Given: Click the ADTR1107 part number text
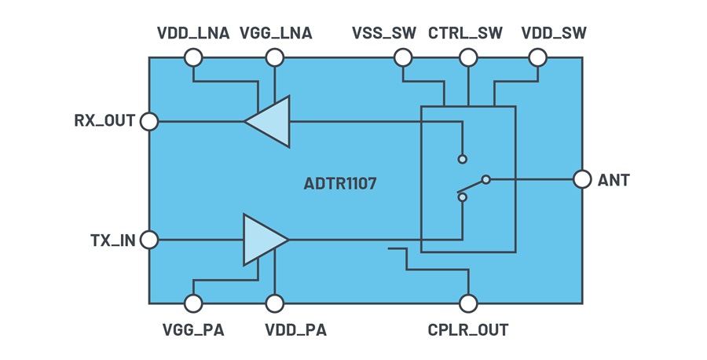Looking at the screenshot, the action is tap(340, 184).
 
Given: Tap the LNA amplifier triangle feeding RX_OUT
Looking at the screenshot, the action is tap(267, 121).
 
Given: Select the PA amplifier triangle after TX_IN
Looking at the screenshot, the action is tap(266, 240).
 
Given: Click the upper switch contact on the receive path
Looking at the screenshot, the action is tap(462, 159).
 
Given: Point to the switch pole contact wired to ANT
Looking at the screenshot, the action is tap(485, 179).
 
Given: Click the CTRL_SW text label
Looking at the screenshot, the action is tap(465, 33).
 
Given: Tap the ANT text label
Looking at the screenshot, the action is tap(614, 180).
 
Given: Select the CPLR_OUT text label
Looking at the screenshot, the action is tap(468, 330).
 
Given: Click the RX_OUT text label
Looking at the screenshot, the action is tap(104, 121).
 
